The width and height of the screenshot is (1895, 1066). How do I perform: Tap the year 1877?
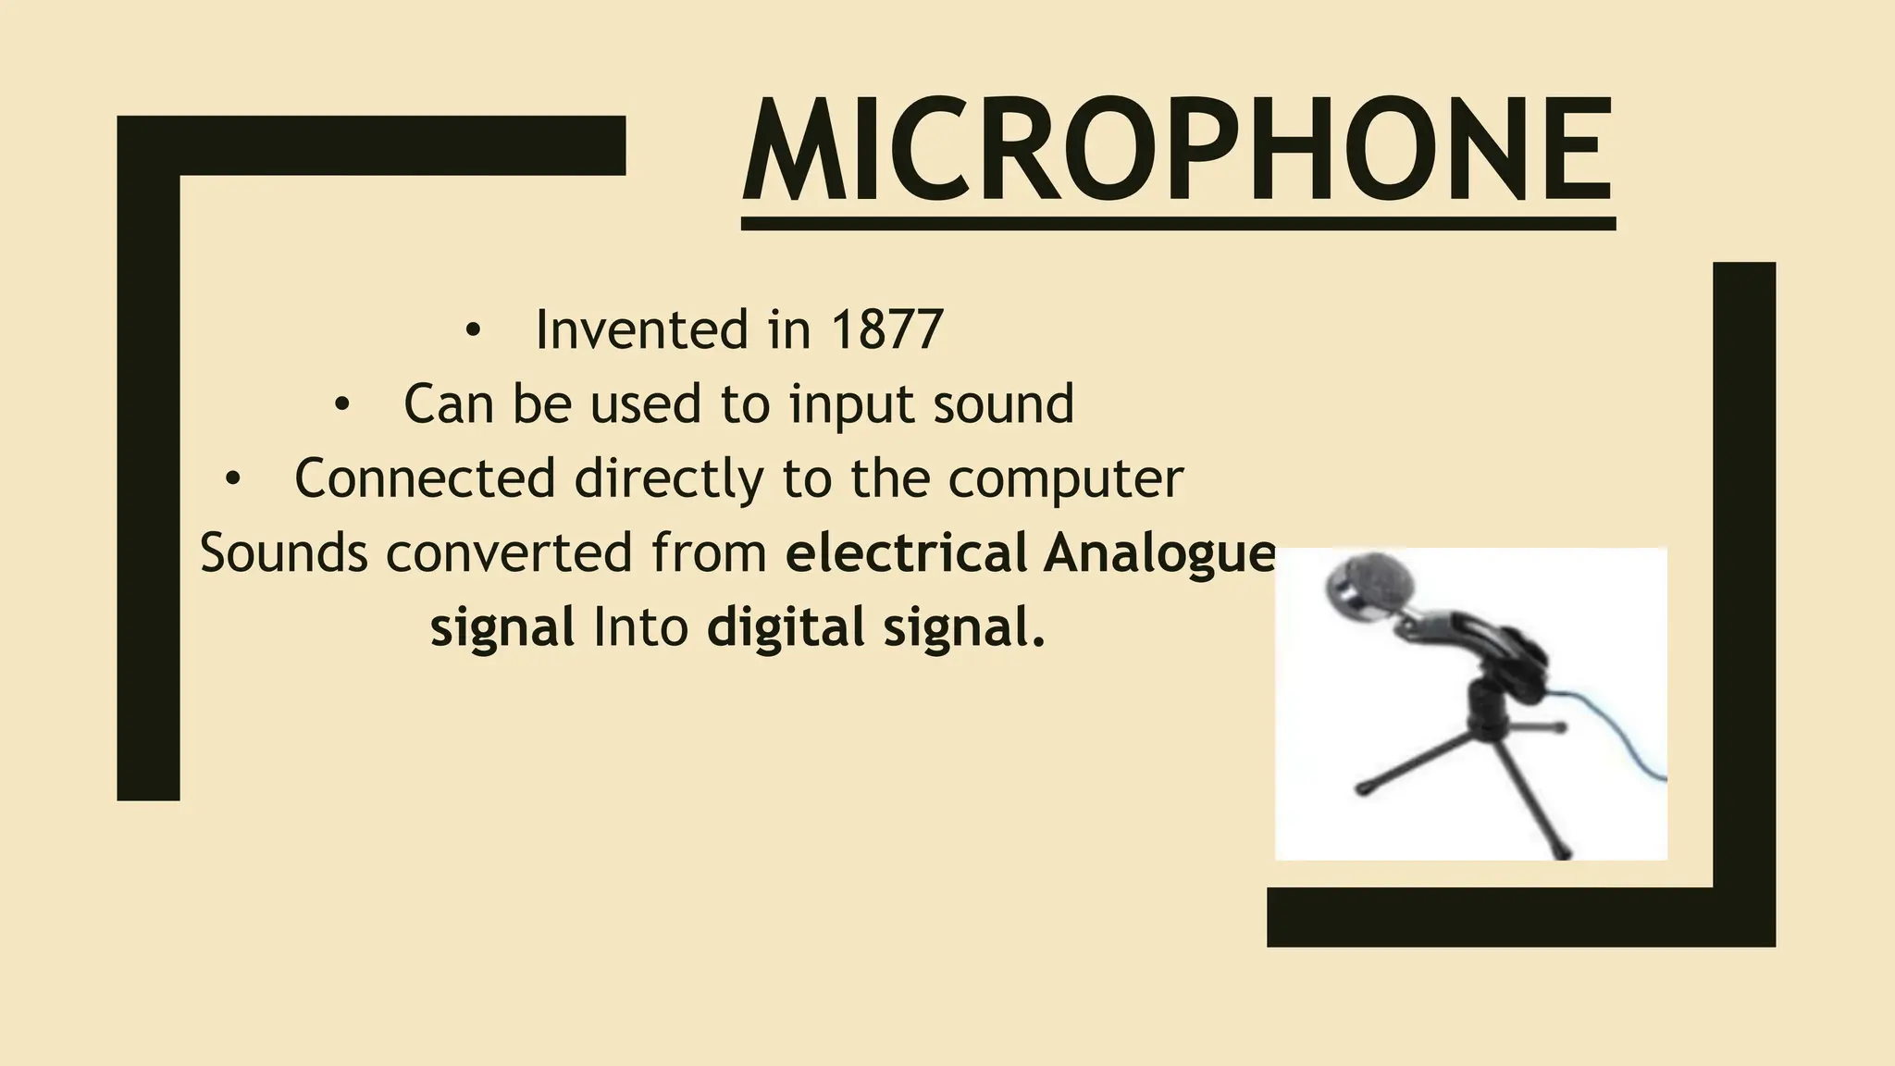click(887, 329)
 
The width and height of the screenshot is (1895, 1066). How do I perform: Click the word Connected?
click(425, 478)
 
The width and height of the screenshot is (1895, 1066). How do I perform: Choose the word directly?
click(670, 478)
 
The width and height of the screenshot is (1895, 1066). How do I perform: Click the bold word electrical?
click(906, 552)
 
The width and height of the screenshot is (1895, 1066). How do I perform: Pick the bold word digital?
click(785, 627)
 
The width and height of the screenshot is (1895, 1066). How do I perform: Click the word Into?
click(640, 626)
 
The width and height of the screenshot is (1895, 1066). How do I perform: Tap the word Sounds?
click(284, 552)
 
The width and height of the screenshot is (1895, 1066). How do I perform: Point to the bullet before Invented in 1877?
click(474, 331)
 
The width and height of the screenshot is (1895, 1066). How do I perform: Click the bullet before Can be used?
click(342, 405)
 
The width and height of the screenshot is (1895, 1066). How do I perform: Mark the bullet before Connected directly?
click(232, 479)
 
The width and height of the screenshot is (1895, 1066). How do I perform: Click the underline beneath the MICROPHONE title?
click(1177, 223)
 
